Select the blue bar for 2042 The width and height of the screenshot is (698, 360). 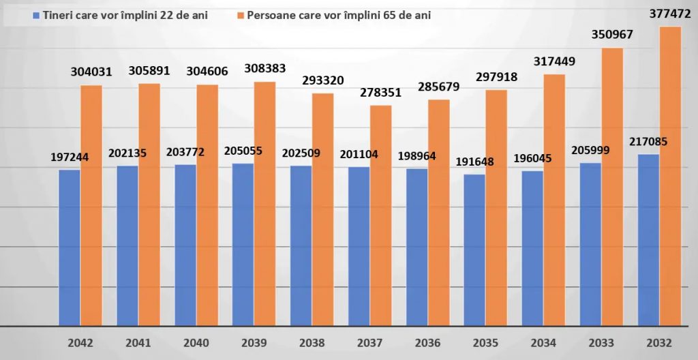69,248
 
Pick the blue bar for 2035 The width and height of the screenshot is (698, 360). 474,251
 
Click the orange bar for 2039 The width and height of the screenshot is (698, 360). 265,205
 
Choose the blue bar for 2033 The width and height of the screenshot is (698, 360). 590,245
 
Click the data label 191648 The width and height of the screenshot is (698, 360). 474,162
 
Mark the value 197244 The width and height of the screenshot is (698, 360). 70,157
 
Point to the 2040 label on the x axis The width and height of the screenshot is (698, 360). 196,342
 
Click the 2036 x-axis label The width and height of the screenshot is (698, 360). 428,342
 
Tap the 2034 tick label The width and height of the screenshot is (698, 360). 543,342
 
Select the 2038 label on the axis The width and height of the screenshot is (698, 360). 312,342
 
